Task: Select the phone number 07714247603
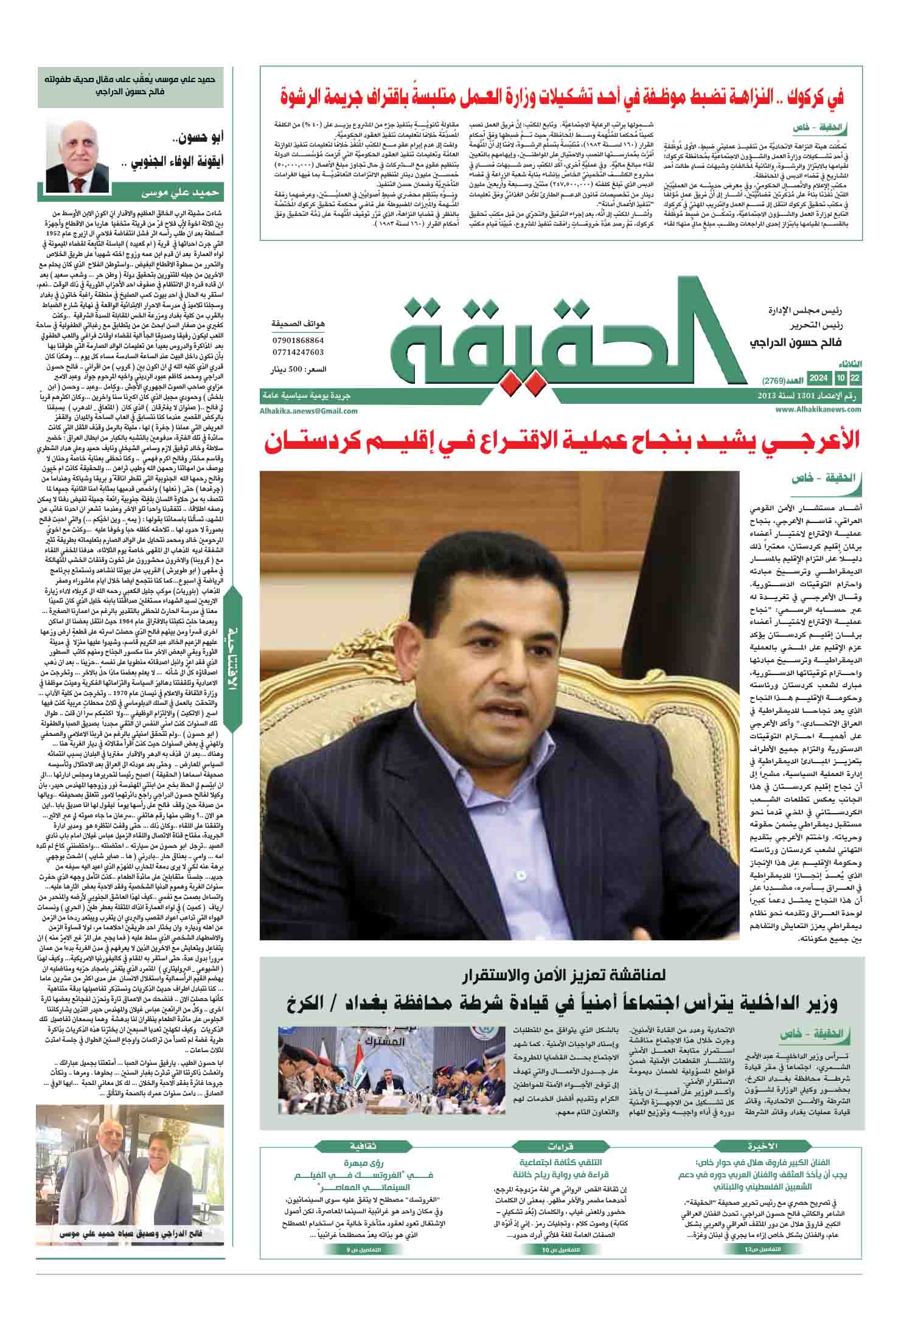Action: [x=298, y=352]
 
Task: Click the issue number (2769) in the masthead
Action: [x=774, y=381]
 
